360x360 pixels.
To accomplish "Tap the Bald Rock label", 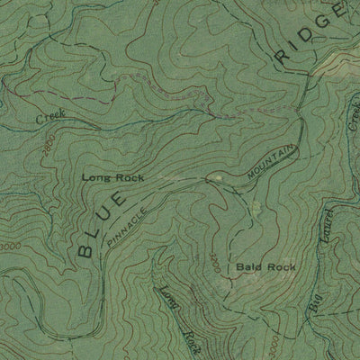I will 265,267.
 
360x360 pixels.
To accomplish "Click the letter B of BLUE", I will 85,249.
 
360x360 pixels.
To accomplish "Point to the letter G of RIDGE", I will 325,23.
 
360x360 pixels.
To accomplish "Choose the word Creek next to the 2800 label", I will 51,117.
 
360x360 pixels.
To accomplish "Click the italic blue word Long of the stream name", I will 169,301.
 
